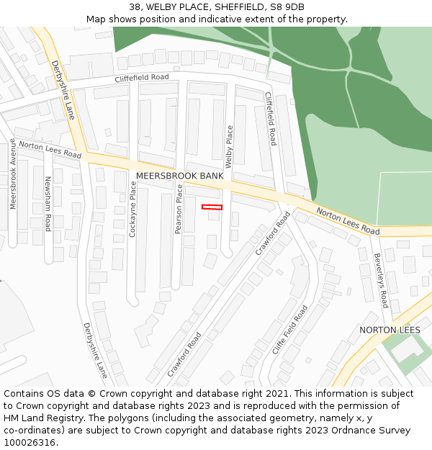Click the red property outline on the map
212,207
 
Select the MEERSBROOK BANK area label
179,176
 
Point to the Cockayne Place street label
132,210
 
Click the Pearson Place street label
179,209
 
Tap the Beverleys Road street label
380,280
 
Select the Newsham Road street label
48,204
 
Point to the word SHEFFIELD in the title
237,7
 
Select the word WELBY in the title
163,7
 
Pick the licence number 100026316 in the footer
30,443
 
